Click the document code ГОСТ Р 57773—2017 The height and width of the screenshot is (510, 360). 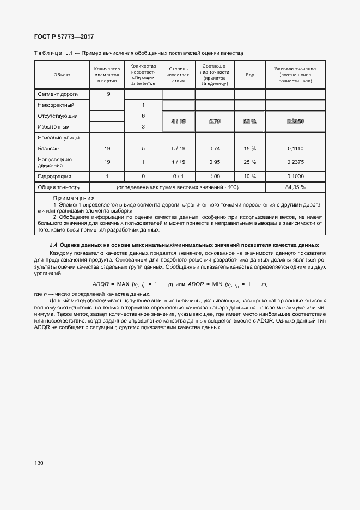63,37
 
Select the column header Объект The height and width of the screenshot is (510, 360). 62,74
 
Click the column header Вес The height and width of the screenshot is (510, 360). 249,74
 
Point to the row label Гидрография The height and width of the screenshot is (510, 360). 54,176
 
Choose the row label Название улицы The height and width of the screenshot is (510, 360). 58,138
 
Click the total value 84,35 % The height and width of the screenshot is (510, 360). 295,187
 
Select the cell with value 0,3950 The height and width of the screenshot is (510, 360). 295,122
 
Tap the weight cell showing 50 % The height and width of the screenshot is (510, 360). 249,122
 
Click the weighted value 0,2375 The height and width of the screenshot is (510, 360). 295,162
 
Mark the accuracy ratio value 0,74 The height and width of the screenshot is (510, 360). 215,148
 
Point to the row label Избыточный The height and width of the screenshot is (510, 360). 54,126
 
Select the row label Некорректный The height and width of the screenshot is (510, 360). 56,105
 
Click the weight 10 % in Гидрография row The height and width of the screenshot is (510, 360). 249,176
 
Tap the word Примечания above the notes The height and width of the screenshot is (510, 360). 74,198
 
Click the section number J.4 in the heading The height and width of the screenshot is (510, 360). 53,245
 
